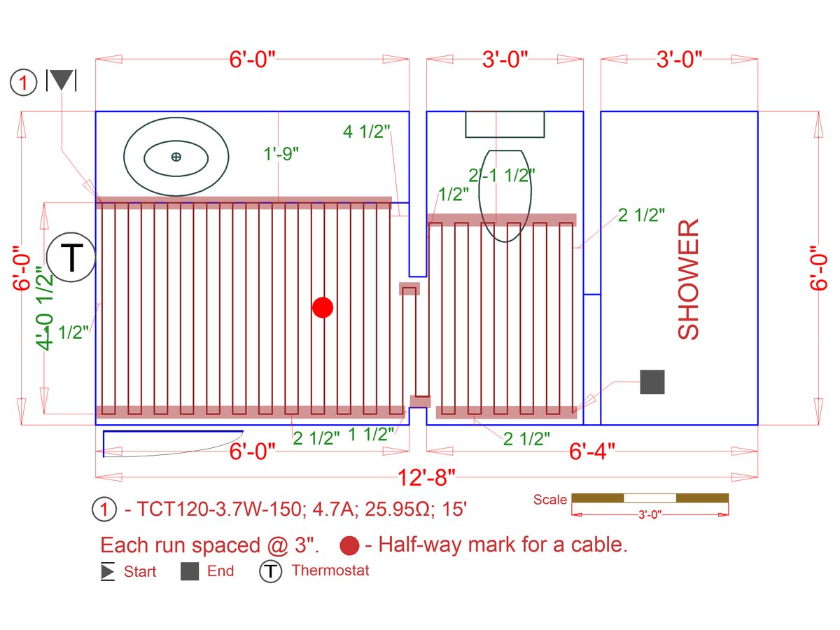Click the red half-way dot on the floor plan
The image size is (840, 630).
[x=323, y=307]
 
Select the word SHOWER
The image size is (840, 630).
[x=689, y=280]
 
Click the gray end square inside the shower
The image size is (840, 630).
[x=652, y=382]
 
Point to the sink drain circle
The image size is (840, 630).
[x=176, y=157]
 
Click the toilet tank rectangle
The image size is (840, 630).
[x=505, y=124]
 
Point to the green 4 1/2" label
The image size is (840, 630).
[x=366, y=132]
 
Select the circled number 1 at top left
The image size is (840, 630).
[x=22, y=83]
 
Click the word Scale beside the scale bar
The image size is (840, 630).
[x=550, y=500]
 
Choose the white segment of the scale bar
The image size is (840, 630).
[x=650, y=498]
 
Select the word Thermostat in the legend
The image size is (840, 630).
[x=330, y=570]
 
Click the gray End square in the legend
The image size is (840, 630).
[x=190, y=572]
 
